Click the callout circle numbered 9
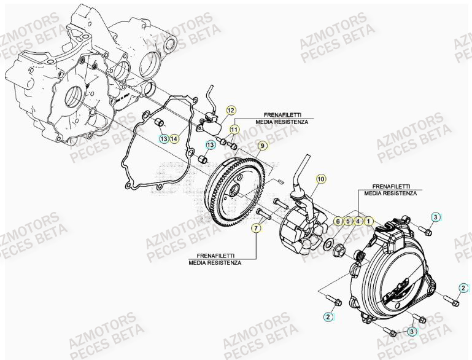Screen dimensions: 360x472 coord(261,146)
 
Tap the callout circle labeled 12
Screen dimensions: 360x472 coord(231,111)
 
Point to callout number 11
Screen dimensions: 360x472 coord(234,129)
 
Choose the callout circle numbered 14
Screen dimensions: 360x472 coord(174,139)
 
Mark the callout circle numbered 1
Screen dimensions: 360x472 coord(368,220)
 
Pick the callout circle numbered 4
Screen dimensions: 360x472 coord(358,220)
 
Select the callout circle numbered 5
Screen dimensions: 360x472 coord(347,220)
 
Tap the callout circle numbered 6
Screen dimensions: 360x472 coord(337,220)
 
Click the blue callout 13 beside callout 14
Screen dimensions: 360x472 coord(164,139)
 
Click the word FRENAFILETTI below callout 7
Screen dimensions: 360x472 coord(215,254)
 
